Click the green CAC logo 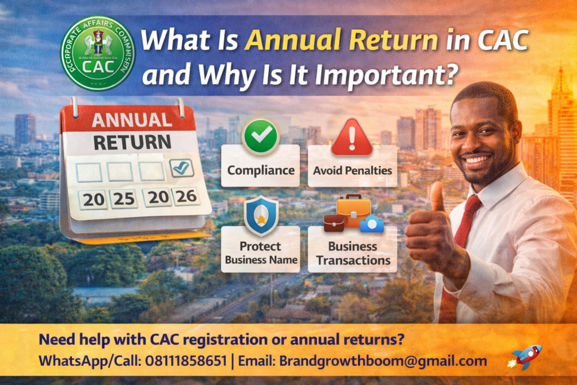pos(98,54)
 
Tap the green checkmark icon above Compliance pos(260,136)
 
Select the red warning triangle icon pos(352,138)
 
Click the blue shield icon pos(261,215)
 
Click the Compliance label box pos(260,169)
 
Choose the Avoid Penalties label pos(353,169)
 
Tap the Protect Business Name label pos(260,253)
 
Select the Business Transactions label pos(353,253)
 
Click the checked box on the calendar pos(182,167)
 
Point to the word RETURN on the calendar pos(132,142)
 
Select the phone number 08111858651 pos(189,361)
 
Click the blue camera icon pos(372,224)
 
